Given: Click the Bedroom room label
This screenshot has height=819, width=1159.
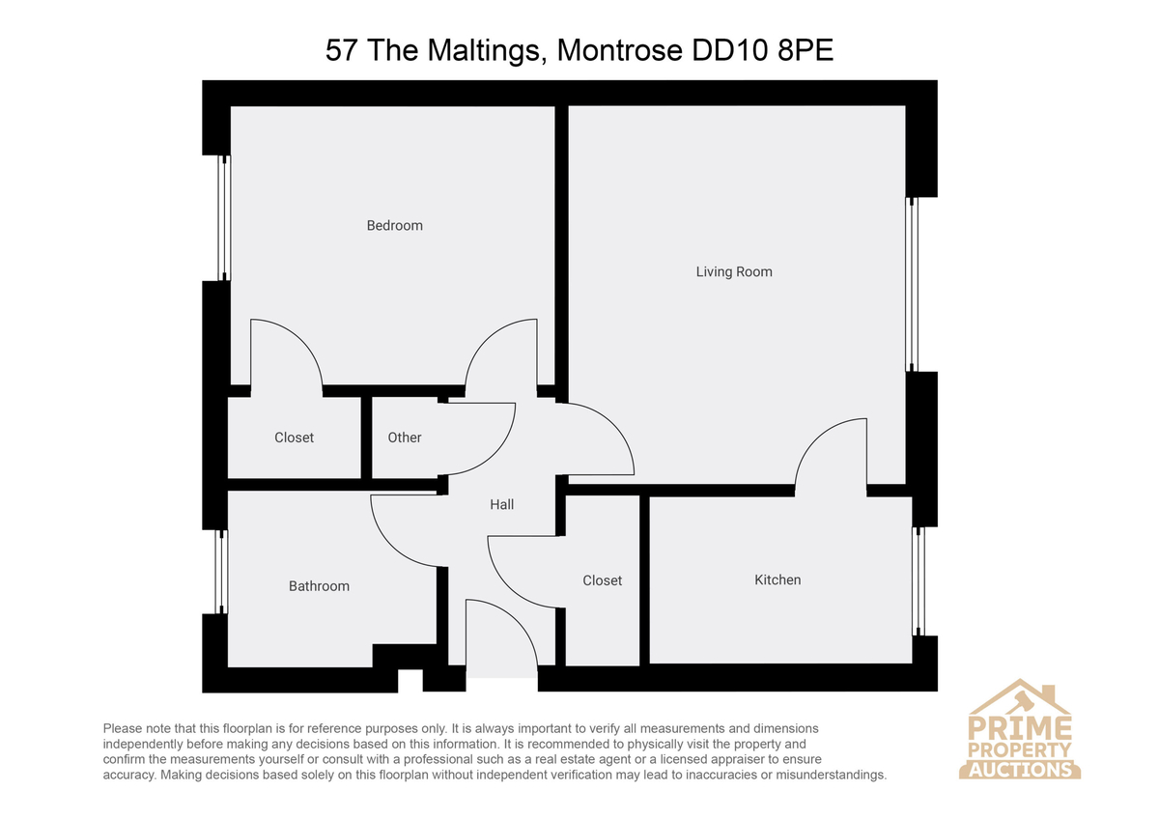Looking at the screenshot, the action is click(x=394, y=226).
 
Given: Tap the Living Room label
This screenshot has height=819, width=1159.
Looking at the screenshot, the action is click(x=734, y=272).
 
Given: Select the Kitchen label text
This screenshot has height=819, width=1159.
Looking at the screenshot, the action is click(x=777, y=580).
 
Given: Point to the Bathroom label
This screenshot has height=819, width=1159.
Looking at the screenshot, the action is click(x=319, y=586).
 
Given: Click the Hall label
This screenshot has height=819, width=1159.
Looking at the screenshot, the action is click(x=501, y=504).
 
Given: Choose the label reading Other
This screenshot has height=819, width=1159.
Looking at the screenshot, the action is click(x=404, y=438).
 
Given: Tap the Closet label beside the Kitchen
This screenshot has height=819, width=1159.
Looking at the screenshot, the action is click(x=602, y=580).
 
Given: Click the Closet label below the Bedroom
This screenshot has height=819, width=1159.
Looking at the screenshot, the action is click(x=294, y=438).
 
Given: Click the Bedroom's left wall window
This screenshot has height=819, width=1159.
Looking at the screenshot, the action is click(x=223, y=218).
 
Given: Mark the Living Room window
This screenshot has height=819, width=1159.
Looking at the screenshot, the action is click(x=912, y=284).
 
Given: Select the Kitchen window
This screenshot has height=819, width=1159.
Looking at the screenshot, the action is click(x=919, y=581).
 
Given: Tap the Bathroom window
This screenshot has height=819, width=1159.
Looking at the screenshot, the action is click(x=221, y=572).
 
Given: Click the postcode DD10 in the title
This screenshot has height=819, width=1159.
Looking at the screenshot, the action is click(x=729, y=50).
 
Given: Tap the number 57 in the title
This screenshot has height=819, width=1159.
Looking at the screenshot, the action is click(x=342, y=50).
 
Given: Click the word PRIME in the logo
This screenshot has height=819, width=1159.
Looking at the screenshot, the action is click(x=1019, y=728).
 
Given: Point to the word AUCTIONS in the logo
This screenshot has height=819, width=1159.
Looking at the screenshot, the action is click(x=1020, y=771).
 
